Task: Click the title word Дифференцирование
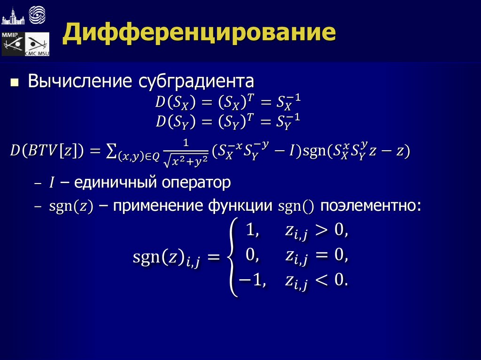click(x=200, y=34)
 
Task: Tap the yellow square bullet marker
click(x=15, y=83)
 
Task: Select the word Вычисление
click(x=80, y=81)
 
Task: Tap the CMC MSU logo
click(x=37, y=45)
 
